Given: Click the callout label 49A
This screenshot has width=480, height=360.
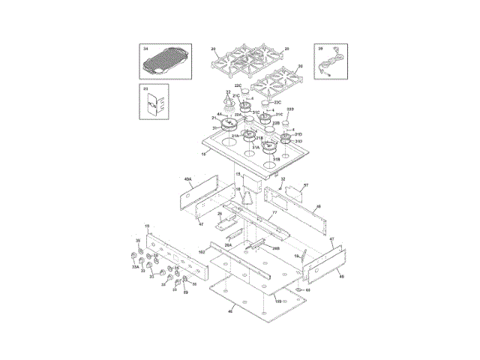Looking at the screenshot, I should coord(187,180).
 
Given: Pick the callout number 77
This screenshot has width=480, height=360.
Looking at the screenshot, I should coord(274,213).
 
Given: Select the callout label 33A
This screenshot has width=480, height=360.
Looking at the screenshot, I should coord(136,266).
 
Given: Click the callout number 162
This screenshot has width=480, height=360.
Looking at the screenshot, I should coord(202,251).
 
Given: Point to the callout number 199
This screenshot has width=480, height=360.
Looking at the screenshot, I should coord(277,300).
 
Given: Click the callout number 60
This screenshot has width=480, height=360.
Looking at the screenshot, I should coord(307,289).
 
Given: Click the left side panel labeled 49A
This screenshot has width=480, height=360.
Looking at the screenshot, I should coord(197,196).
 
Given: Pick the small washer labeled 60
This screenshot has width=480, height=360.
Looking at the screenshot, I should coord(298,289).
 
